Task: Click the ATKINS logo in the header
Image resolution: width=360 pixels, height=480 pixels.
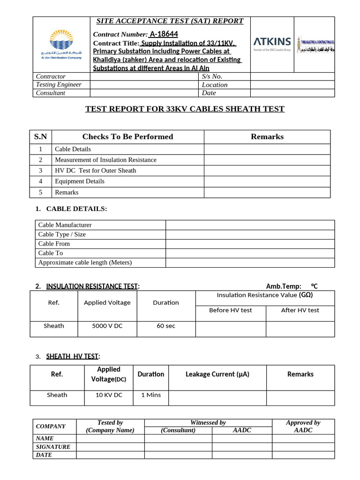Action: (272, 43)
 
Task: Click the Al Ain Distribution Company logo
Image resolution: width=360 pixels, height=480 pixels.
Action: (61, 45)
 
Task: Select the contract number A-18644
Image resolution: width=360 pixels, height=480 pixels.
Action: (164, 34)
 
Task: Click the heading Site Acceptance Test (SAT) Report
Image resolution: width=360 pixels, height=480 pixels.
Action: (170, 21)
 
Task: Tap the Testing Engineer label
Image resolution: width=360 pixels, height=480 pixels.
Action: (59, 84)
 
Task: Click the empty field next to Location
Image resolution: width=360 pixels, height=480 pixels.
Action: (292, 85)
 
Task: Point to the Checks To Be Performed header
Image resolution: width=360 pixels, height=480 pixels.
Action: (127, 137)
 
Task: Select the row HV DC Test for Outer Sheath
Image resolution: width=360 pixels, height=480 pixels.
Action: (96, 171)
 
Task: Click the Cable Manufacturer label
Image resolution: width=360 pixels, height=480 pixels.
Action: (65, 225)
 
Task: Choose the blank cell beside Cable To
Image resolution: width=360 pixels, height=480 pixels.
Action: (250, 253)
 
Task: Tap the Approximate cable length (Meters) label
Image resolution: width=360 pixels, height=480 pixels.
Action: (85, 262)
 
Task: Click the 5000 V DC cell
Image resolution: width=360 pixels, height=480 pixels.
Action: (107, 326)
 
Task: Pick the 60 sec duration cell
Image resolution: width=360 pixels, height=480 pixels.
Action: (166, 326)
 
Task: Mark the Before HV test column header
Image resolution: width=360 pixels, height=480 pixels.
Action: (231, 310)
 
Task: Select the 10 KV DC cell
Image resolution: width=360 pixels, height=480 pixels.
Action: (109, 395)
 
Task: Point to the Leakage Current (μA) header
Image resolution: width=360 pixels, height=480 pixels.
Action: (217, 374)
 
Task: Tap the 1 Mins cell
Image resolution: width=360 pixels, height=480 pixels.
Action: (151, 395)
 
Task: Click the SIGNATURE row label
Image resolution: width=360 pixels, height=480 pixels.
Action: (53, 447)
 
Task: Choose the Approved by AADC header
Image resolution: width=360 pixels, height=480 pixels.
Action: (303, 426)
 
